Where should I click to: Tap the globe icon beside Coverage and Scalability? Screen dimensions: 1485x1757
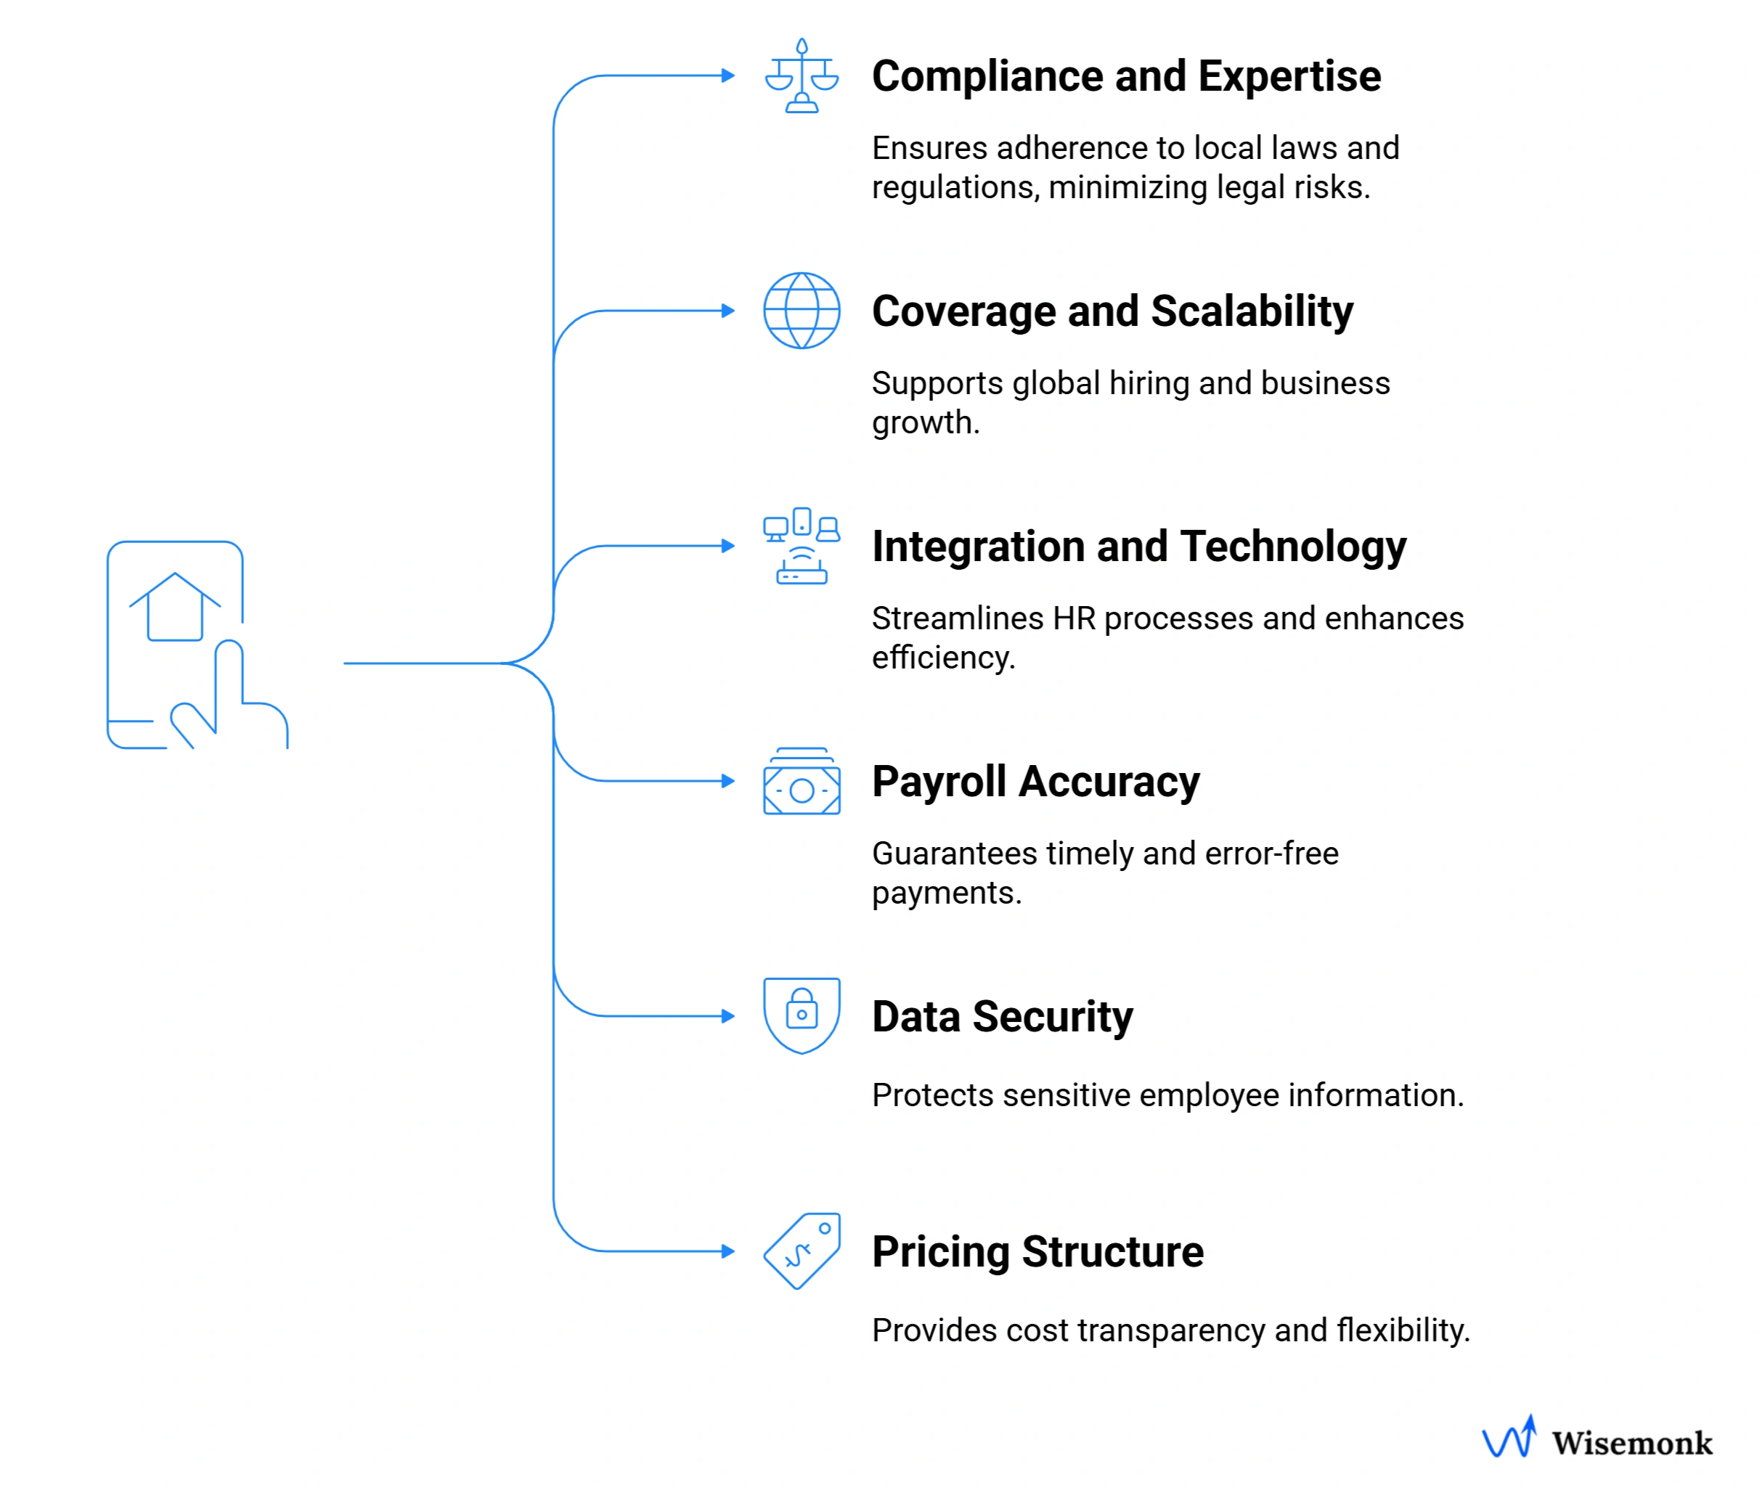coord(801,311)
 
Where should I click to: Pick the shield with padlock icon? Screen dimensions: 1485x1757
coord(801,1015)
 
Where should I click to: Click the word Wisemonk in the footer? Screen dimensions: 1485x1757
coord(1631,1443)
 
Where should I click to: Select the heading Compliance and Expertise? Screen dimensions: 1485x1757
coord(1125,77)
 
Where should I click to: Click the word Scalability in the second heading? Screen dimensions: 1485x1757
coord(1251,311)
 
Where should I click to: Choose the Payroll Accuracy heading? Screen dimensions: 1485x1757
coord(1035,782)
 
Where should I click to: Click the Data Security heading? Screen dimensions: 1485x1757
coord(1002,1017)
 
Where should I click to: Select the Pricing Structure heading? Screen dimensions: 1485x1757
coord(1038,1252)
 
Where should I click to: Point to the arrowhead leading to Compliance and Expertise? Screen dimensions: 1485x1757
coord(728,75)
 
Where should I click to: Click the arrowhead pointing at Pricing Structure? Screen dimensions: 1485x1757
coord(728,1251)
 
